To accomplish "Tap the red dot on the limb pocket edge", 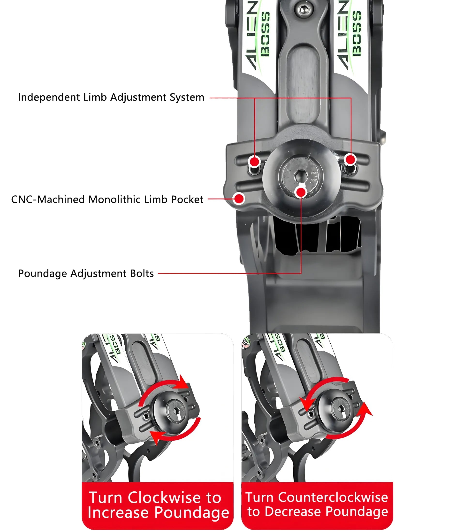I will coord(239,199).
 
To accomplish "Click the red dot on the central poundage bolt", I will coord(301,192).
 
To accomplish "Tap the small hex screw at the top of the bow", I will coord(302,10).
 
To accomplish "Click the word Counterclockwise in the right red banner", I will coord(333,497).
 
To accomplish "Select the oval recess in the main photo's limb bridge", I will coord(303,83).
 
